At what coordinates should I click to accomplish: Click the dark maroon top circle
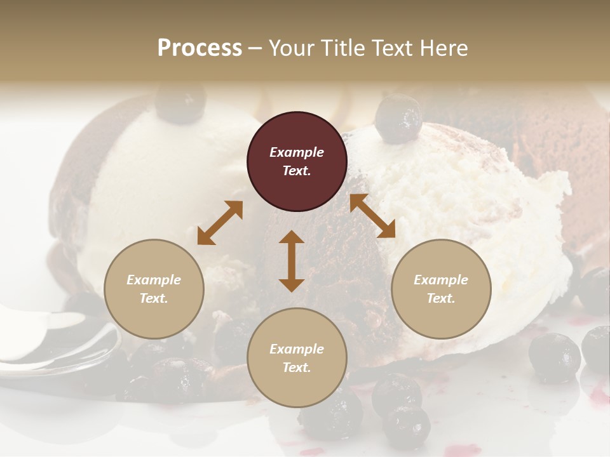pyautogui.click(x=297, y=162)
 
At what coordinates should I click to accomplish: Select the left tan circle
pyautogui.click(x=154, y=289)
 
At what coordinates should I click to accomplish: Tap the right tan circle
pyautogui.click(x=441, y=289)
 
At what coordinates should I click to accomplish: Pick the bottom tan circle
pyautogui.click(x=297, y=358)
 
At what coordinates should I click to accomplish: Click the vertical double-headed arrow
pyautogui.click(x=292, y=261)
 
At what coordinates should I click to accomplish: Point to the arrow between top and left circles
pyautogui.click(x=220, y=223)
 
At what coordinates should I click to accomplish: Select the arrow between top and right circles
pyautogui.click(x=372, y=216)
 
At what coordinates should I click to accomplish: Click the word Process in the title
pyautogui.click(x=200, y=48)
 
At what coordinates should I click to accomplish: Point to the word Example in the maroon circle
pyautogui.click(x=297, y=152)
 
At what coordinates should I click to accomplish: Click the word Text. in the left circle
pyautogui.click(x=154, y=298)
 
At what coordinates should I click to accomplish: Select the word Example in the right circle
pyautogui.click(x=441, y=280)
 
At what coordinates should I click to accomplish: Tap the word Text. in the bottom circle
pyautogui.click(x=297, y=368)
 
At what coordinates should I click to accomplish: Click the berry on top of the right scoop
pyautogui.click(x=398, y=119)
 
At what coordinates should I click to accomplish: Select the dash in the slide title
pyautogui.click(x=255, y=49)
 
